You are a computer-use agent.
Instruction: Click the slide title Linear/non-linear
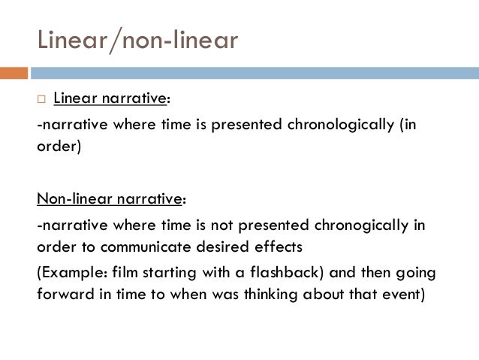(137, 39)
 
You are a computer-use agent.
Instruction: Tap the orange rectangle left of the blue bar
(14, 73)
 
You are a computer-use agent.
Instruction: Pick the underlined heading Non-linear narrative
(110, 198)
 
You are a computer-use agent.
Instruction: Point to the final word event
(405, 293)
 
